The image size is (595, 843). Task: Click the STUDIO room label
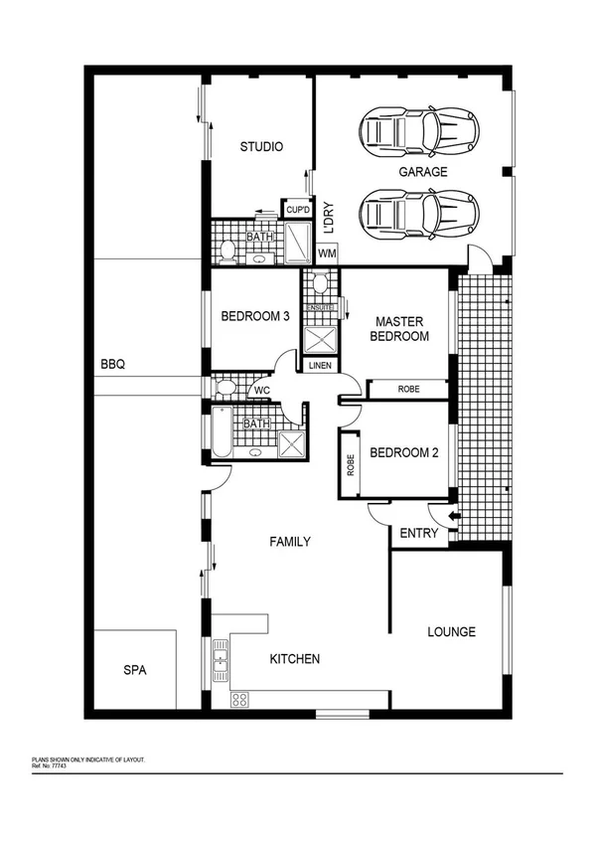261,147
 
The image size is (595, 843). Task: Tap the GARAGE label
423,172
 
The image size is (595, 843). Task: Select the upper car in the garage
420,129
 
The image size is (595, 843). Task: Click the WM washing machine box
327,253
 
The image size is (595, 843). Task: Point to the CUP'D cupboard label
297,210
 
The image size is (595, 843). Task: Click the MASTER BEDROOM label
399,329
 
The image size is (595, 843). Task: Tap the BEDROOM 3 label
254,317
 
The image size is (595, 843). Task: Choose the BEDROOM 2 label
403,453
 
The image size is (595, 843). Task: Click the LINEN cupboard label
320,366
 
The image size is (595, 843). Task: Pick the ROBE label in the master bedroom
407,389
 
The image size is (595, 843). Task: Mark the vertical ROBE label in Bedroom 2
351,464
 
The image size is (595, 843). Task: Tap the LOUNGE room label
451,631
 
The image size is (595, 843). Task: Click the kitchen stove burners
239,700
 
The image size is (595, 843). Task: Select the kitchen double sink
221,657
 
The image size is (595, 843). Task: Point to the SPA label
134,671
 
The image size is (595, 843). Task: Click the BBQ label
112,365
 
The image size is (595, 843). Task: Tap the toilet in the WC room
223,387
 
